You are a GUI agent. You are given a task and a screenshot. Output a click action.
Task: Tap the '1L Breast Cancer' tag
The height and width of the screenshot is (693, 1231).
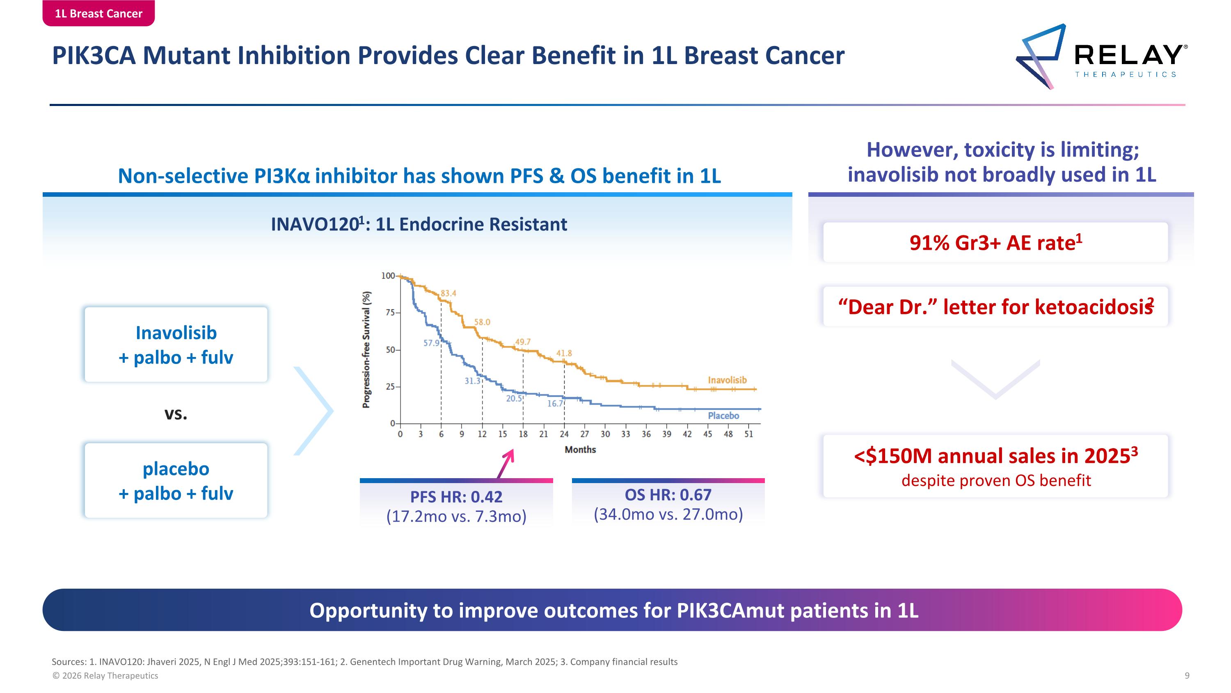[98, 13]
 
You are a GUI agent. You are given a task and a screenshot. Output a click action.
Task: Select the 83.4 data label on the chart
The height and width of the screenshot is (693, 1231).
[448, 293]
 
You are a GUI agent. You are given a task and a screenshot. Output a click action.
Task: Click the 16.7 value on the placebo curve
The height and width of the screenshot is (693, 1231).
[555, 404]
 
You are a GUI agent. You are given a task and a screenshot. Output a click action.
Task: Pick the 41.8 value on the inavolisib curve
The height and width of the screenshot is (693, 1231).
[564, 353]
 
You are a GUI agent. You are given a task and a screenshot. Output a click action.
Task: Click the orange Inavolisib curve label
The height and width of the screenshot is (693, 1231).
[727, 380]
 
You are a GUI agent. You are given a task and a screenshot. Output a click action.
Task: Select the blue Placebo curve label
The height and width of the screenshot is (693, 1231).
[723, 416]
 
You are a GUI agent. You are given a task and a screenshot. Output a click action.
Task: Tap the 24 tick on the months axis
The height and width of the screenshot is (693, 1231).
[564, 434]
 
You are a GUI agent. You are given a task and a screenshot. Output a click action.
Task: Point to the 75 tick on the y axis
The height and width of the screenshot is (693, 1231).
[390, 312]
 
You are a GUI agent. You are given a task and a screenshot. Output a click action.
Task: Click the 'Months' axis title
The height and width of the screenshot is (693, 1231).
[580, 449]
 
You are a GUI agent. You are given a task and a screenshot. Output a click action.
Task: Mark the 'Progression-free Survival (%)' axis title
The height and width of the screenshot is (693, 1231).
[366, 350]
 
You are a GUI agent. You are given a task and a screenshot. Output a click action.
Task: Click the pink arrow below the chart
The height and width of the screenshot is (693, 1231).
[506, 463]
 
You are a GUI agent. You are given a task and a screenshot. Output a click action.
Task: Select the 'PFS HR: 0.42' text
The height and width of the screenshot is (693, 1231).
[456, 497]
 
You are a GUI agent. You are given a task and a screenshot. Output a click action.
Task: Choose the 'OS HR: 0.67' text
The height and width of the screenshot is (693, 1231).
[668, 495]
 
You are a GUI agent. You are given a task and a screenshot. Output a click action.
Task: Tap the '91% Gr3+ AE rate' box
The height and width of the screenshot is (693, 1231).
[995, 242]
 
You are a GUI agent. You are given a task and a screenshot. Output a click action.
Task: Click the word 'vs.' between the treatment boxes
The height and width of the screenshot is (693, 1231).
[176, 413]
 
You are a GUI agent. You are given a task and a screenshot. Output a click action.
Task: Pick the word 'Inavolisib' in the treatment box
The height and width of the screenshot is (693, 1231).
[176, 333]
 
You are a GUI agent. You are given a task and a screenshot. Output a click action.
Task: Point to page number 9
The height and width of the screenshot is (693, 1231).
[1187, 675]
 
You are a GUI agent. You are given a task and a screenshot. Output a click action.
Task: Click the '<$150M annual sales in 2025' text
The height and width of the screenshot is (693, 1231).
[995, 456]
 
